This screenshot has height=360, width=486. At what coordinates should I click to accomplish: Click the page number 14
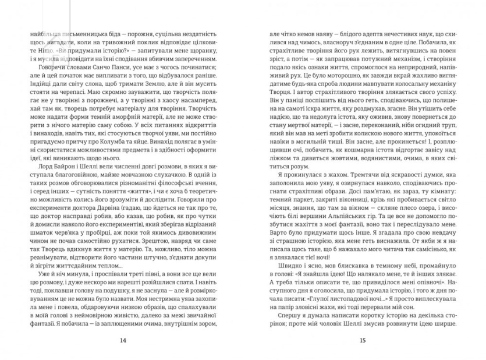pyautogui.click(x=122, y=340)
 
